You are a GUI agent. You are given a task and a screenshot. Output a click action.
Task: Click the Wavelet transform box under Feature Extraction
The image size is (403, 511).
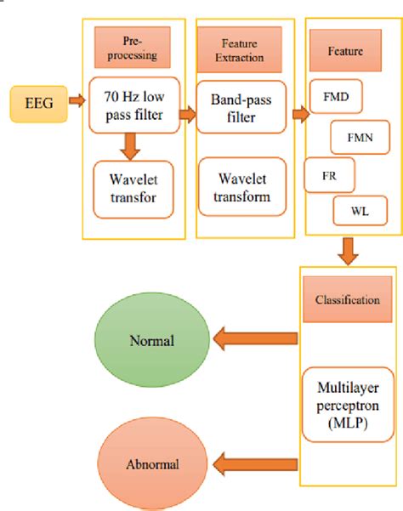[241, 187]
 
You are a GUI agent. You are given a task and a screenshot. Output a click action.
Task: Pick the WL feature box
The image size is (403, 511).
[358, 209]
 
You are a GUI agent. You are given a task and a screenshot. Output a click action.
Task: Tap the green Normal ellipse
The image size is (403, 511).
[151, 341]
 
